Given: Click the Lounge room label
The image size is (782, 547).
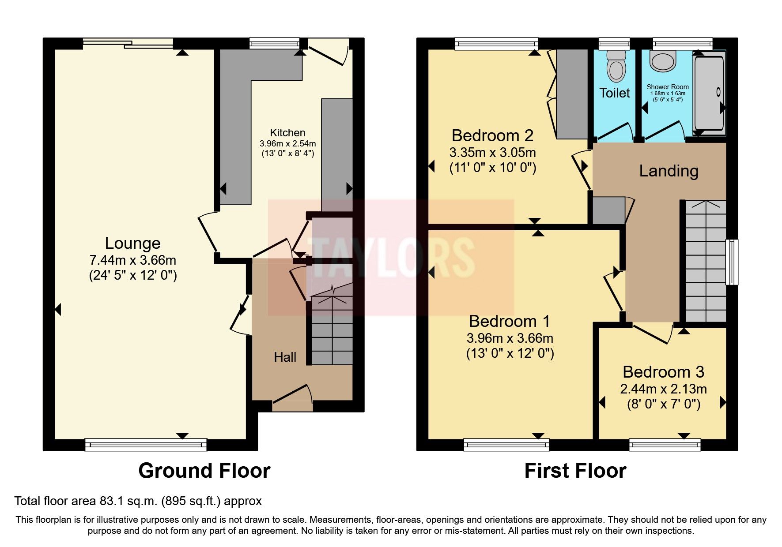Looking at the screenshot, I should tap(132, 244).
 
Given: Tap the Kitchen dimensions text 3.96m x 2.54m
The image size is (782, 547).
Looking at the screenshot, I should tap(287, 143).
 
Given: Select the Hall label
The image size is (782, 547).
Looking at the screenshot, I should tap(285, 357).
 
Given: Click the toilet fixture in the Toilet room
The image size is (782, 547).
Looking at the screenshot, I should tap(616, 66).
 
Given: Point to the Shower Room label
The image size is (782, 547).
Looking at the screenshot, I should tap(667, 87).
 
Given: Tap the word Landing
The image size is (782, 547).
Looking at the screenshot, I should tap(669, 171).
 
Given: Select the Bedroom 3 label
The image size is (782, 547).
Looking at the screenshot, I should tap(663, 372).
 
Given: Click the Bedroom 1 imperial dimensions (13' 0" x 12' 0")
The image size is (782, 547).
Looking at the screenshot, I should tap(510, 353).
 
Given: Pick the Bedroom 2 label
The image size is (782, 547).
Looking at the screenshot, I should tap(492, 135).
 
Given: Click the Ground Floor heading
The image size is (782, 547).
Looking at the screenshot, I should tap(204, 471).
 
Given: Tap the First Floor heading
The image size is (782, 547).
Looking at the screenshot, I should tap(575, 471).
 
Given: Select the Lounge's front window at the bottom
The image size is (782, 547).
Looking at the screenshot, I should tap(146, 444).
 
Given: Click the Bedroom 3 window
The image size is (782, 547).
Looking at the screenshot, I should tap(665, 444).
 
